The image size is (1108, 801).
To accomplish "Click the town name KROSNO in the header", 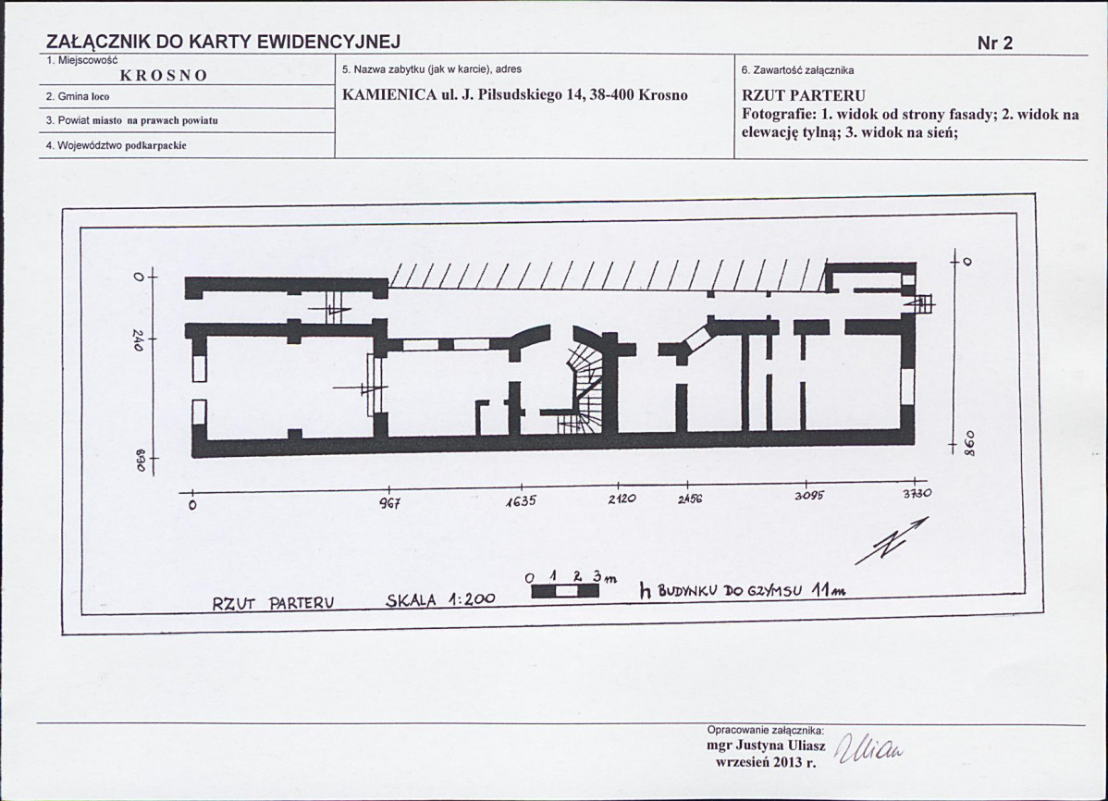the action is pos(164,76).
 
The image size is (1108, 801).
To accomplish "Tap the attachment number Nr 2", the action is pos(995,43).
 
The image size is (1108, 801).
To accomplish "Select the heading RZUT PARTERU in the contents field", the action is pos(804,95).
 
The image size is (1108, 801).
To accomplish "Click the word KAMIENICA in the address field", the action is pos(389,95).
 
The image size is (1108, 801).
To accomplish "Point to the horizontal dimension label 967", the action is pos(390,504).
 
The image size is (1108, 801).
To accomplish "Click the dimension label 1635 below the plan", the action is pos(521,501).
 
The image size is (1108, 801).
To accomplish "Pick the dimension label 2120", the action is pos(622,499).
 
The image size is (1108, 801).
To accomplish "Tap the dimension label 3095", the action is pos(808,496).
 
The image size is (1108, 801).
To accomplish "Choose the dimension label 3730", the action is pos(917,494).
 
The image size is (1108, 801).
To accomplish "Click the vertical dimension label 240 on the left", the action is pos(138,340).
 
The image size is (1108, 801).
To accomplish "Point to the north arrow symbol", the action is pos(892,541).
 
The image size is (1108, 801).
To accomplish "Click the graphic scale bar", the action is pos(564,591).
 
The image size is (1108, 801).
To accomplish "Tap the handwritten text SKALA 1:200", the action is pos(440,600).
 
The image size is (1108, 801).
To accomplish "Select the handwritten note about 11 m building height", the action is pos(741,589).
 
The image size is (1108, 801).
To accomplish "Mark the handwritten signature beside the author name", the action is pos(869,751).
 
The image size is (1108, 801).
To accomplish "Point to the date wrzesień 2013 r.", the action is pos(766,762).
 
